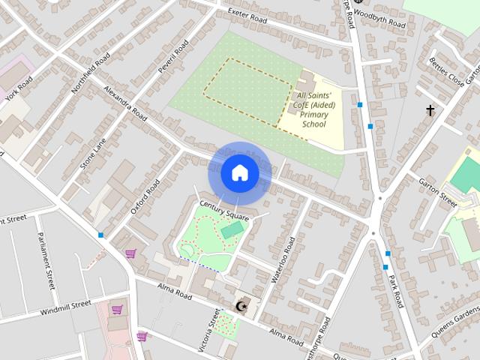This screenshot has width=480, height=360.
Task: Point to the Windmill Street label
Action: pos(65,307)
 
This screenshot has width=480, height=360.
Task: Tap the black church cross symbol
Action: pos(430,111)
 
